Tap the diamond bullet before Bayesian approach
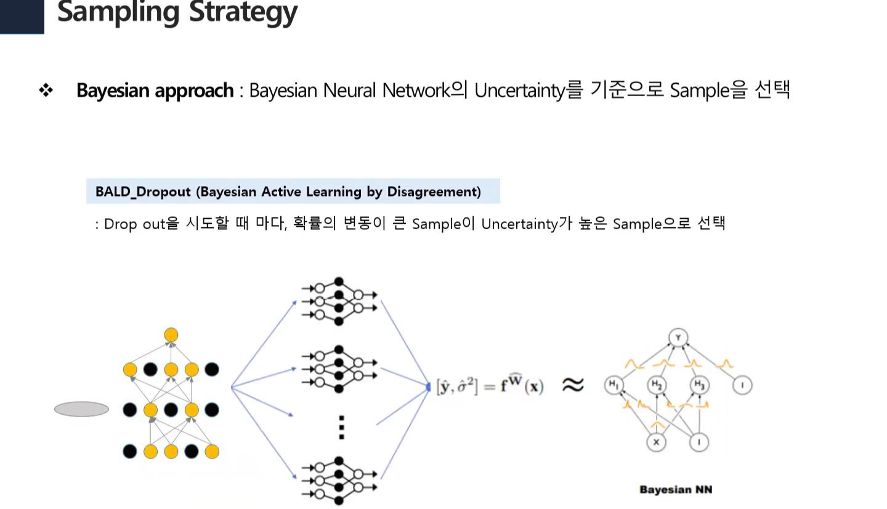(x=46, y=91)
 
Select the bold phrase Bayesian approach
(x=155, y=91)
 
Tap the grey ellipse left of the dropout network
(x=81, y=409)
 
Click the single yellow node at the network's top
(x=171, y=335)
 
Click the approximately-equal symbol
(x=572, y=386)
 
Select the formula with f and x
(x=490, y=387)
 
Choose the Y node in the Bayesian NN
(x=678, y=338)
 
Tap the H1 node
(x=614, y=386)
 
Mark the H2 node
(x=657, y=386)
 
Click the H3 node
(x=699, y=386)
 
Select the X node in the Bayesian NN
(x=657, y=442)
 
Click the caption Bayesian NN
(x=676, y=490)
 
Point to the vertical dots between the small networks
(x=342, y=427)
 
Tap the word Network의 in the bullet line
(x=426, y=91)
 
